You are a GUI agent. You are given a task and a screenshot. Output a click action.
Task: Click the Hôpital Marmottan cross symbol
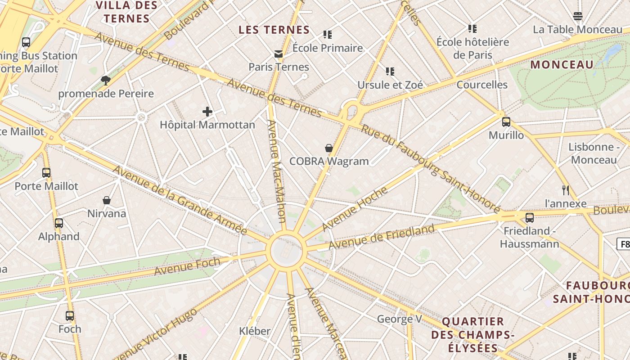click(207, 112)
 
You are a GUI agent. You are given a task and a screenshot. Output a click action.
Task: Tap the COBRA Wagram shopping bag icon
click(329, 148)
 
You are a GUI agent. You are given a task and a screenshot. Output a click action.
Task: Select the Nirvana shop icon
click(107, 200)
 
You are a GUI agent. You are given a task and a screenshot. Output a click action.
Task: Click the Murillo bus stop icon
click(506, 122)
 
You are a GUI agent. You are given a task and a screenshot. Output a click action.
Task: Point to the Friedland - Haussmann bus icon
click(530, 218)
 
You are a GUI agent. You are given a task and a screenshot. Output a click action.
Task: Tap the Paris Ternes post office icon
click(279, 54)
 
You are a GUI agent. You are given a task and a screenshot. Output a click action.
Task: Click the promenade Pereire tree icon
click(106, 81)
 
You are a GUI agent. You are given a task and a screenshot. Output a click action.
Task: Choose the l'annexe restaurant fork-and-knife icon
click(566, 190)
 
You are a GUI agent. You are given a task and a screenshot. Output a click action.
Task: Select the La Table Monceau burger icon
click(578, 17)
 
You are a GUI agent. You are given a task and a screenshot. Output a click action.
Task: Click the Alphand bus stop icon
click(59, 223)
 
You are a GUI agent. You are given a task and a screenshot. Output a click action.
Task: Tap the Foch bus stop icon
click(70, 316)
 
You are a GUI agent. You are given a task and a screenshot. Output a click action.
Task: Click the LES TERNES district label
click(274, 30)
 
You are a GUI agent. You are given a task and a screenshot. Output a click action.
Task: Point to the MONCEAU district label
click(562, 64)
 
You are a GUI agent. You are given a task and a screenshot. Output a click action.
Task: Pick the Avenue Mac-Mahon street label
click(276, 171)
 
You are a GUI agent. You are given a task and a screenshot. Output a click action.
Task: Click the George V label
click(399, 319)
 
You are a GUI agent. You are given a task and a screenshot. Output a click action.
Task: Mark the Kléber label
click(255, 331)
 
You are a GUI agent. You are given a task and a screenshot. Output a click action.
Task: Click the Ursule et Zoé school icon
click(390, 71)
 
